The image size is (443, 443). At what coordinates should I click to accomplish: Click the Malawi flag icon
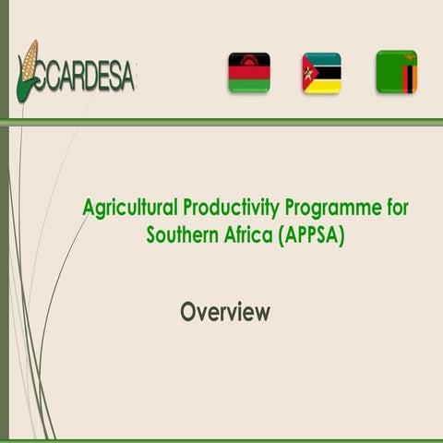(x=249, y=72)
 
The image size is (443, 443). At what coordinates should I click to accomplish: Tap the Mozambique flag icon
(x=321, y=72)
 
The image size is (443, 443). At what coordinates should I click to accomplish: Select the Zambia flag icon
(x=396, y=71)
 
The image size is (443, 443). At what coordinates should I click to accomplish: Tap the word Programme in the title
(x=336, y=208)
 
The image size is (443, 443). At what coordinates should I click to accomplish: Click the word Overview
(x=225, y=312)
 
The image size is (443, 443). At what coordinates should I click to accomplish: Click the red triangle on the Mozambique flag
(x=308, y=72)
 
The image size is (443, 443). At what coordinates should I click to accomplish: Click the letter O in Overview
(x=188, y=312)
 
